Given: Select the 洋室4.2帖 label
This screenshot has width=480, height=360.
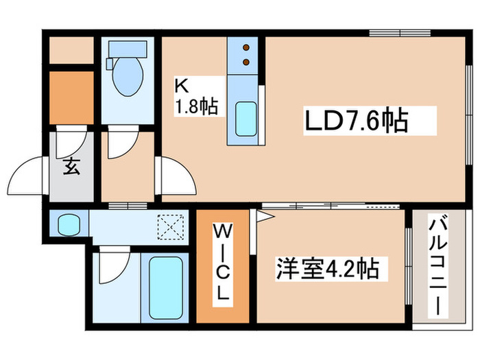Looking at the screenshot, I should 327,267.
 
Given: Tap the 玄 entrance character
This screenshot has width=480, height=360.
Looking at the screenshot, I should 71,166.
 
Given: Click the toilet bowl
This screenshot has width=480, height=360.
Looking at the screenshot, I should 127,78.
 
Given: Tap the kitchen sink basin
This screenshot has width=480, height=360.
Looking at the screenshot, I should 245,118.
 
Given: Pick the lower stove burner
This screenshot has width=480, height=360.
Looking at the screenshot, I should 245,63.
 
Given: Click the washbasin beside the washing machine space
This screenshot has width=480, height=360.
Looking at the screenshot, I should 68,224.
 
